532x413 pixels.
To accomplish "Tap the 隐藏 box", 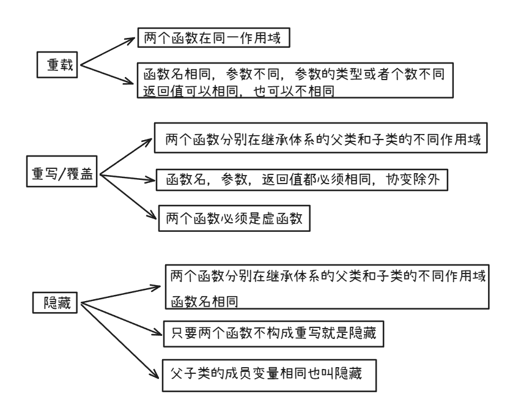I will click(56, 301).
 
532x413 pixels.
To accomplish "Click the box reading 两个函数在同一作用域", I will click(212, 39).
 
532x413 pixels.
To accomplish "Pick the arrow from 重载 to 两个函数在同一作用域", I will click(107, 50).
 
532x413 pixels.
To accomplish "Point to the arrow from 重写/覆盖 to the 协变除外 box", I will click(125, 178).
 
